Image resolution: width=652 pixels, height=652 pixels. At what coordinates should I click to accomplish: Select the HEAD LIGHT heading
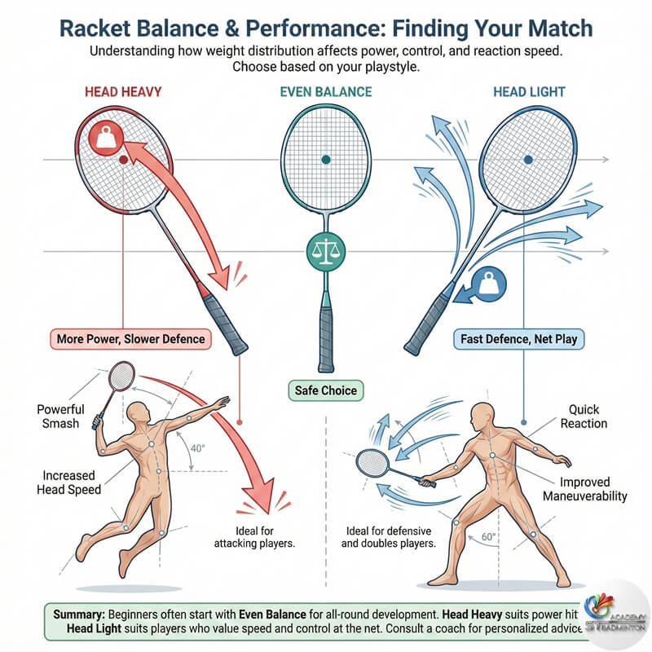pos(529,93)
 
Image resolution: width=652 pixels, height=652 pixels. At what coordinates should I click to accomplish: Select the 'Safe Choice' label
pos(325,390)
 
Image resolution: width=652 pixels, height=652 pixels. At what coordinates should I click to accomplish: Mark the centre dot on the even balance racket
pos(325,159)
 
